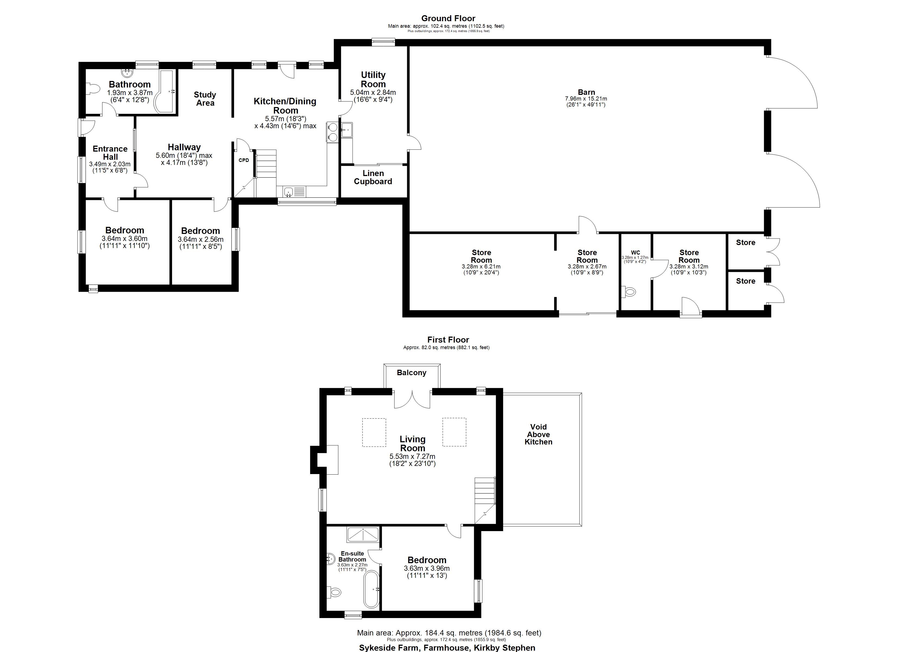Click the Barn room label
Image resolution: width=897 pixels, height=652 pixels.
coord(586,92)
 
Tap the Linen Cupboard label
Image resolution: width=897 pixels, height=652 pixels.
coord(373,177)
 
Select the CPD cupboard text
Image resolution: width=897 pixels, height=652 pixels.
coord(244,160)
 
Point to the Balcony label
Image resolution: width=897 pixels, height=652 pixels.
coord(411,372)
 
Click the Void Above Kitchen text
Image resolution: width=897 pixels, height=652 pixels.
coord(538,434)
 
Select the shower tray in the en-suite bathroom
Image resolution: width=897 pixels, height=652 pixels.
coord(363,535)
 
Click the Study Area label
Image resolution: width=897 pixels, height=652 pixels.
coord(205,98)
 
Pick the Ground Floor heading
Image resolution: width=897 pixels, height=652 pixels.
coord(448,18)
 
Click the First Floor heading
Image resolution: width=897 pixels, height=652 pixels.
coord(448,340)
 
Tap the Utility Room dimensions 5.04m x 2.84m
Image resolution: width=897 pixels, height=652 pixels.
coord(373,96)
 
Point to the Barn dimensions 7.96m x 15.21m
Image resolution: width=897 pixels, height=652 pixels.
coord(586,102)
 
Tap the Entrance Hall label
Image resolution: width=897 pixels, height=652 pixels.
coord(110,153)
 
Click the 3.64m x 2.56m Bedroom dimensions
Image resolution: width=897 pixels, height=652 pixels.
coord(201,243)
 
